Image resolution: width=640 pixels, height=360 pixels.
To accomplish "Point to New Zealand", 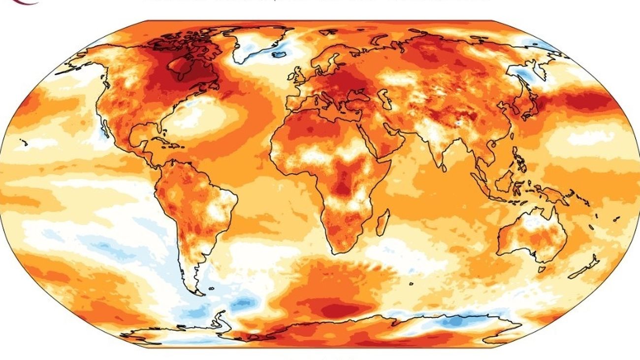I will click(589, 266).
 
